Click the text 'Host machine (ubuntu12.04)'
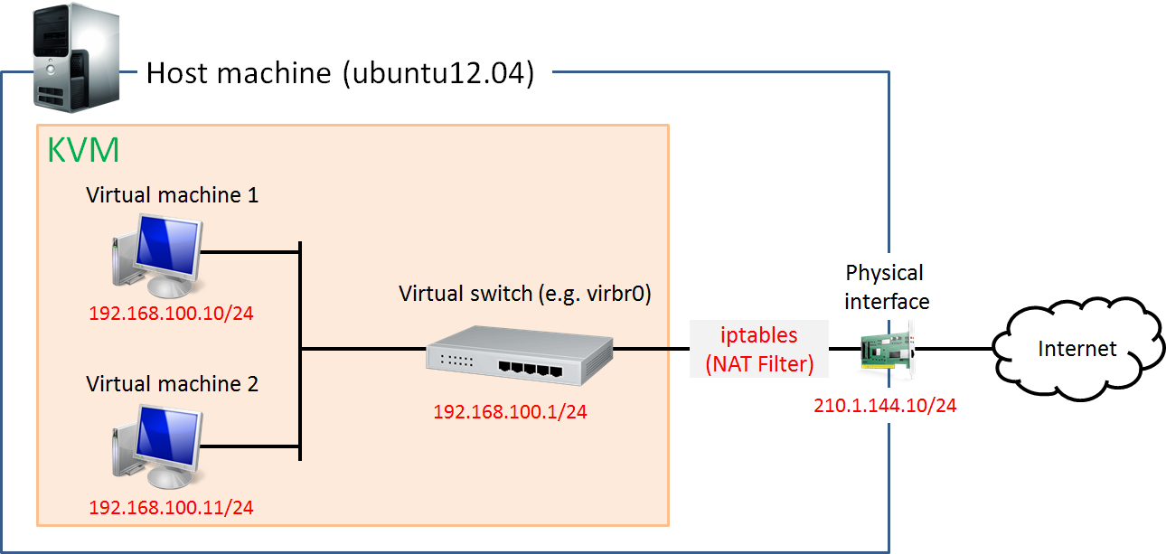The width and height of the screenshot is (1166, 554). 341,72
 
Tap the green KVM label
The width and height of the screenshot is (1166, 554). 83,151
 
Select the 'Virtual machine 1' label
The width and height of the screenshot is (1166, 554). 173,195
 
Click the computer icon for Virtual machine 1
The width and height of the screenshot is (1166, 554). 155,256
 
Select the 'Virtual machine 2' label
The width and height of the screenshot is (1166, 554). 173,384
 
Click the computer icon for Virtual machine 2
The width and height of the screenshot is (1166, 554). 155,445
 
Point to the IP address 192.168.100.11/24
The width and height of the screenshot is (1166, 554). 171,507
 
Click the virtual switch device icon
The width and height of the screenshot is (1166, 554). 520,354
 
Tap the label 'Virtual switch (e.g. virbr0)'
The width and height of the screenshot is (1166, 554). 526,294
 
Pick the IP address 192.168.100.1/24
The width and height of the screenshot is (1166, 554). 511,412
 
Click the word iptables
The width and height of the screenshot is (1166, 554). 759,335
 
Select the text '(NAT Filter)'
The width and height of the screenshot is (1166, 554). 759,364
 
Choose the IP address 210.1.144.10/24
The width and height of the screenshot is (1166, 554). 886,406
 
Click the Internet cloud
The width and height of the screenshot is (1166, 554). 1077,348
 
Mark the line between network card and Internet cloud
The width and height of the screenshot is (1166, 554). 954,348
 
